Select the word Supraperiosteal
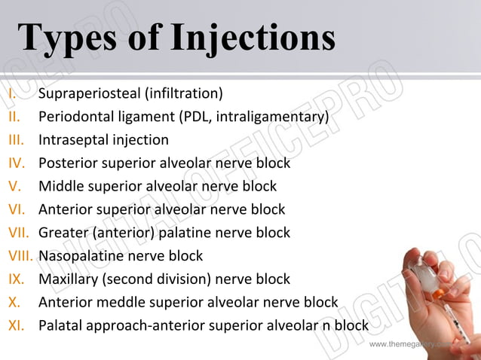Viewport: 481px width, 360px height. (x=86, y=94)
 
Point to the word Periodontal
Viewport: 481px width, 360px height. (x=77, y=117)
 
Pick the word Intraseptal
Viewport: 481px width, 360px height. (x=72, y=140)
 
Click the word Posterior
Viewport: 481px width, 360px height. (x=68, y=163)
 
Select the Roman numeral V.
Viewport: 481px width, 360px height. (x=15, y=186)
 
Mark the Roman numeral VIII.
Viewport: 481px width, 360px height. (x=21, y=255)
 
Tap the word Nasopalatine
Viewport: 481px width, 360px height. (x=80, y=255)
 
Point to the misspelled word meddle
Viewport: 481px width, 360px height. (x=119, y=302)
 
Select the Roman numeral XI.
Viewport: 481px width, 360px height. (x=17, y=325)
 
